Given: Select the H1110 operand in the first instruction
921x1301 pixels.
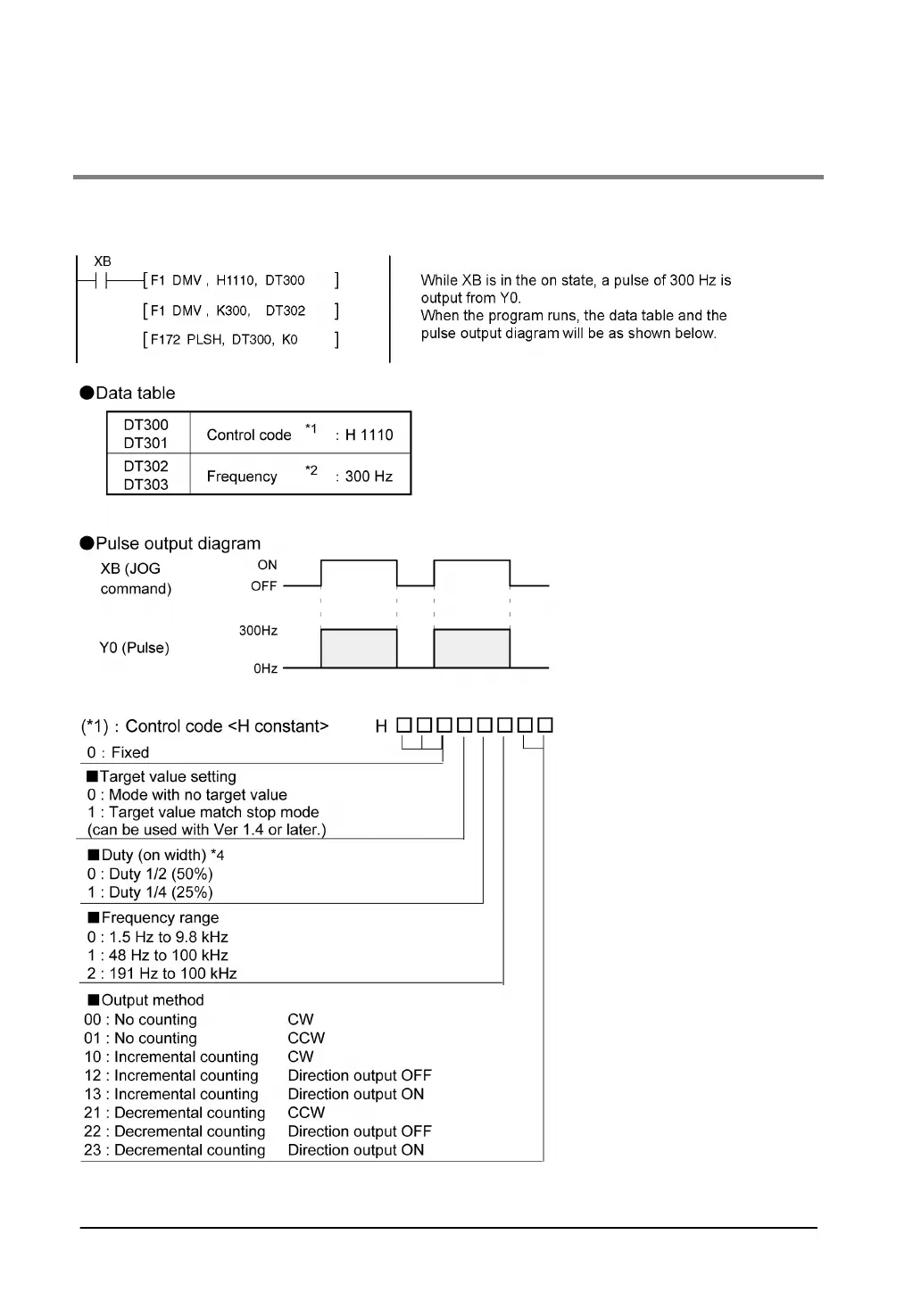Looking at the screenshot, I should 236,281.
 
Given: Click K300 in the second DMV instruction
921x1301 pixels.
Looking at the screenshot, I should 233,311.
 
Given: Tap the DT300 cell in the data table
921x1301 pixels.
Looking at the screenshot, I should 145,425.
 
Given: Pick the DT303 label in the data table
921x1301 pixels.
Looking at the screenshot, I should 145,485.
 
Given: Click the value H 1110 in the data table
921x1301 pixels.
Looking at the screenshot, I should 369,435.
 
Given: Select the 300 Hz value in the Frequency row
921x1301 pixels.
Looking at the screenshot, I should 369,476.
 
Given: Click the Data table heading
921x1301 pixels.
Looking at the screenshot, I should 135,394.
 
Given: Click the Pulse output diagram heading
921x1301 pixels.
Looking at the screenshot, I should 178,543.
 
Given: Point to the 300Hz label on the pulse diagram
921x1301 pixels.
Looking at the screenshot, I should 258,631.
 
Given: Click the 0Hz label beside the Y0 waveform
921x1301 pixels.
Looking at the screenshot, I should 265,668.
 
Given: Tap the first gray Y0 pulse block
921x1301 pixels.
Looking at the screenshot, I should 359,649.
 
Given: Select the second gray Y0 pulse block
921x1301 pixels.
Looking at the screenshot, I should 472,649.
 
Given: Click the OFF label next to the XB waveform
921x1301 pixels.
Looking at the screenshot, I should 263,586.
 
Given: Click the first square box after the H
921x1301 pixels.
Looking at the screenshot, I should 404,725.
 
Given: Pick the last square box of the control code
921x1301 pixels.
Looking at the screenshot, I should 545,725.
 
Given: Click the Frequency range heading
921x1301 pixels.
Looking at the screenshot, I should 160,918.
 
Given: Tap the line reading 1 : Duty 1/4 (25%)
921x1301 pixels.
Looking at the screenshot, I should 150,892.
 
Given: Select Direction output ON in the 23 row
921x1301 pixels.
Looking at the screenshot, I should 355,1150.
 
